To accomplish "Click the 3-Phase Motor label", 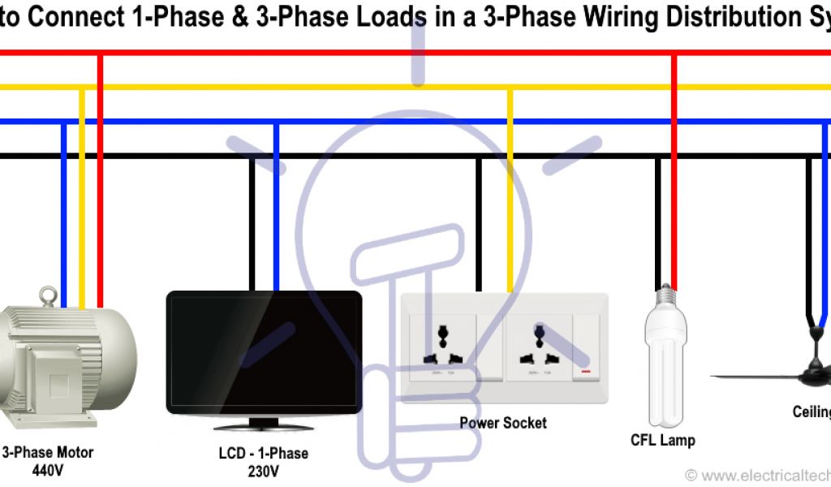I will tap(48, 452).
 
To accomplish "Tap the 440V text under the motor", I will tap(48, 469).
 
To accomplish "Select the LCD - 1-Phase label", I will tap(264, 453).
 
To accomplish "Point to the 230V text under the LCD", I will tap(264, 470).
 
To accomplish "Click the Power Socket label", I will tap(503, 423).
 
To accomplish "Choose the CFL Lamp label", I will tap(663, 441).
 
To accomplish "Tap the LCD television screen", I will tap(264, 353).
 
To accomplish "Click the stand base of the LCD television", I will tap(264, 425).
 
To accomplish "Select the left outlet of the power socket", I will tap(443, 345).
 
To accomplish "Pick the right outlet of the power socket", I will tap(538, 345).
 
